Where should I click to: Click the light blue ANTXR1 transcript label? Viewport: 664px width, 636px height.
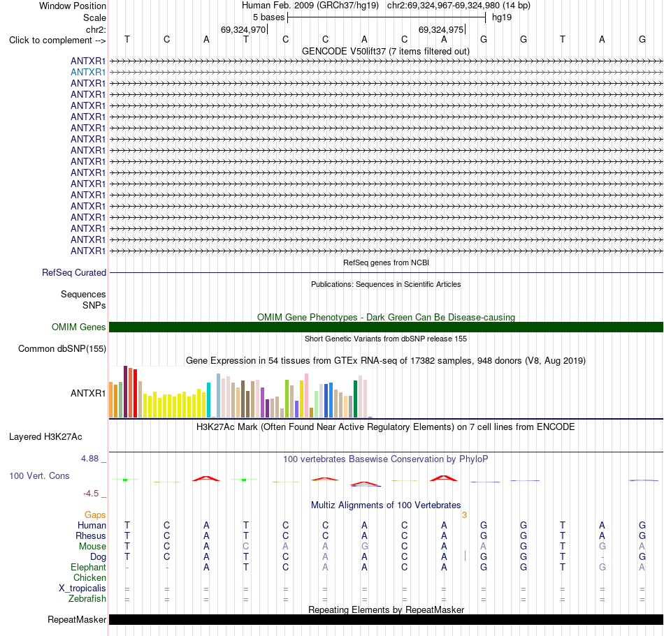(x=87, y=73)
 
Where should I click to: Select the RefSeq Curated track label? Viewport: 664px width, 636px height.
(x=74, y=273)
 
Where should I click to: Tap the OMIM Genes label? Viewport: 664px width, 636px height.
(x=79, y=327)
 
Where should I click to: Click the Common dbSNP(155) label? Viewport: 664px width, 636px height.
(x=62, y=349)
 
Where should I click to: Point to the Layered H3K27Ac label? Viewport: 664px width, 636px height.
(x=45, y=437)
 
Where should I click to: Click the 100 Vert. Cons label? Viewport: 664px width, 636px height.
(x=39, y=475)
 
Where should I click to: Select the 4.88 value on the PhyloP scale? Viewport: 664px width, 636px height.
(x=89, y=459)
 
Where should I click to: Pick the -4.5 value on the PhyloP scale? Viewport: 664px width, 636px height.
(x=91, y=494)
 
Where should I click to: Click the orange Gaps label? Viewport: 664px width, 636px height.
(x=95, y=515)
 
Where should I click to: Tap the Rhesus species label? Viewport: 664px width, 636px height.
(x=91, y=535)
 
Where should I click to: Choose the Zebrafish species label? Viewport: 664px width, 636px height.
(x=87, y=599)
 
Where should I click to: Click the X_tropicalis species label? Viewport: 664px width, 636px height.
(x=82, y=589)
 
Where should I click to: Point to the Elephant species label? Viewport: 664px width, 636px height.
(x=89, y=568)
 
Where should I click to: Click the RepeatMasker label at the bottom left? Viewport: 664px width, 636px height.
(x=77, y=619)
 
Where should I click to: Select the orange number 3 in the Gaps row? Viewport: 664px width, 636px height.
(x=465, y=515)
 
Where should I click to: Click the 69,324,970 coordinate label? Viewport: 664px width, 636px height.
(x=243, y=29)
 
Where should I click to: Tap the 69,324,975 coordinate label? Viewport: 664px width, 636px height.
(x=441, y=29)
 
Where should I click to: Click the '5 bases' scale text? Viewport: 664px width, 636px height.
(x=269, y=17)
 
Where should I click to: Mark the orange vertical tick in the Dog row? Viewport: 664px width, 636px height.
(x=465, y=556)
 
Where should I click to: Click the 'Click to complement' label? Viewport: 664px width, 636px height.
(x=57, y=40)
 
